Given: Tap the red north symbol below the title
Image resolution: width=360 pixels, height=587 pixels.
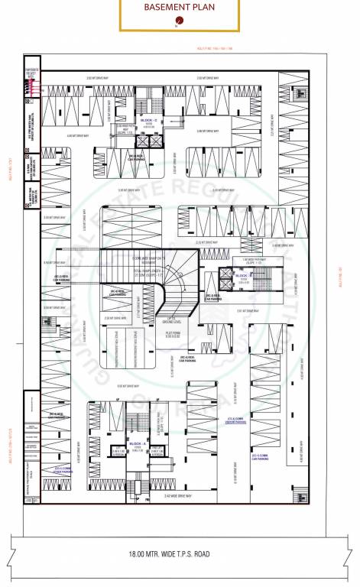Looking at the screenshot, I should (x=179, y=21).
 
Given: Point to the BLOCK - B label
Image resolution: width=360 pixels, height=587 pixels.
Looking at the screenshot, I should (x=243, y=274).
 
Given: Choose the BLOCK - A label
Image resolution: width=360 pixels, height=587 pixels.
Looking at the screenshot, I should (x=138, y=443).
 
